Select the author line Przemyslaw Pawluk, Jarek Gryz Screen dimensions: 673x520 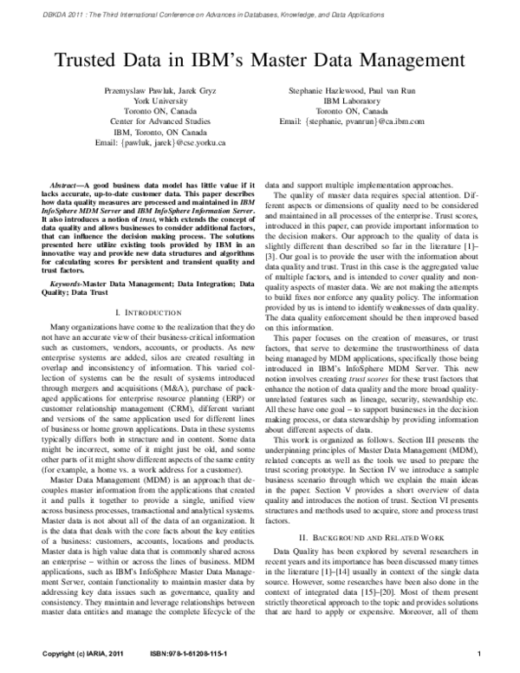coord(159,90)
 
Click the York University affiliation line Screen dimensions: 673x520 coord(159,101)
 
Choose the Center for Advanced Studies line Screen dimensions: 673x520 coord(159,122)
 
